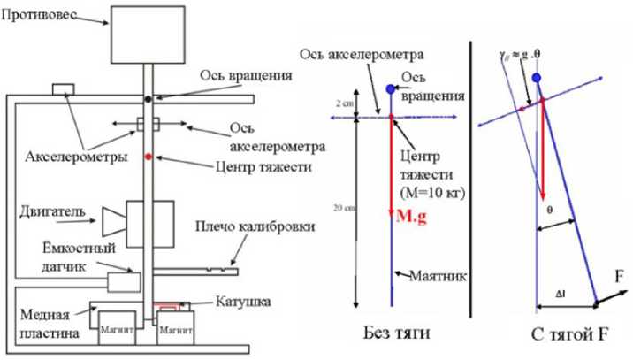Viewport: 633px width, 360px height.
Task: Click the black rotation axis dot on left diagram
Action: (148, 96)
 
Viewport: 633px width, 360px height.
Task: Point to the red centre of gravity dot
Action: (149, 156)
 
